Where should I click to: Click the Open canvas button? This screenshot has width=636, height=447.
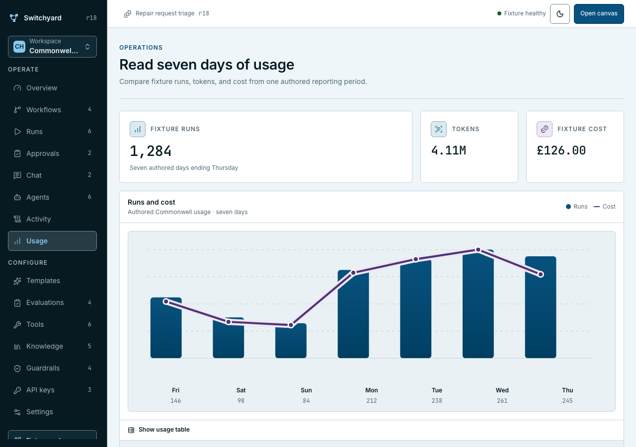[x=599, y=13]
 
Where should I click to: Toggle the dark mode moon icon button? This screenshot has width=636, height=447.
[x=559, y=13]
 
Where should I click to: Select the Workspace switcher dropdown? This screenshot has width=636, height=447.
[x=52, y=47]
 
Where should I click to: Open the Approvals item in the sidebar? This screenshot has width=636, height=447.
[x=52, y=153]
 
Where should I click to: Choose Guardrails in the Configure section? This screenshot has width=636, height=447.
[x=52, y=368]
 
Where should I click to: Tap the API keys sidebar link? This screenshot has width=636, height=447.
[x=52, y=390]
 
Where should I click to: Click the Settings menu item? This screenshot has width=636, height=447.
[x=52, y=412]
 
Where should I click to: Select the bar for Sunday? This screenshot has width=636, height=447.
[x=291, y=341]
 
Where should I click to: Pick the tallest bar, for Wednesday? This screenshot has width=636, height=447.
[x=478, y=303]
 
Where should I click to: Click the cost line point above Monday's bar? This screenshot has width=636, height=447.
[x=353, y=273]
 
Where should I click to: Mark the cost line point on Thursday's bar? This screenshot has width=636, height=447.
[x=541, y=275]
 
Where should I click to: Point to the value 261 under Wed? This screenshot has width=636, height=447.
[x=502, y=401]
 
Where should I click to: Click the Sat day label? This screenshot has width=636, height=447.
[x=241, y=390]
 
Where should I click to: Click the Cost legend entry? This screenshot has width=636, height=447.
[x=605, y=207]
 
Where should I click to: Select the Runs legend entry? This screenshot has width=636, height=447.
[x=577, y=207]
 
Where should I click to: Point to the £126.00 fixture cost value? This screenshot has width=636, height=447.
[x=561, y=150]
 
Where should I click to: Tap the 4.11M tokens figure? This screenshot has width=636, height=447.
[x=449, y=150]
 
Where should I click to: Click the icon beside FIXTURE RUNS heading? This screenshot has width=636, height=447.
[x=138, y=129]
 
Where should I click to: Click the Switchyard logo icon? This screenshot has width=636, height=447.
[x=14, y=18]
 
